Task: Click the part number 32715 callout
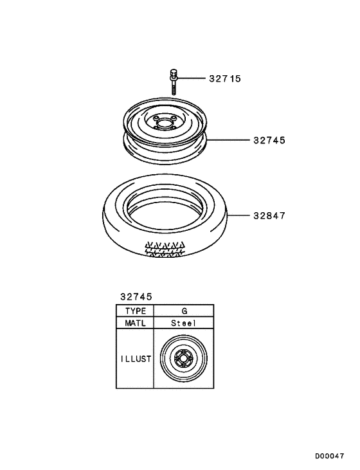click(x=225, y=78)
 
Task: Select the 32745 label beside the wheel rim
click(x=269, y=140)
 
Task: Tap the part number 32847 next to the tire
click(x=269, y=215)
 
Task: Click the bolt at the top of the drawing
click(x=174, y=82)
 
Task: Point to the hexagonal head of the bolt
click(x=174, y=72)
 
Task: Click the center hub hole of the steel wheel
click(x=164, y=123)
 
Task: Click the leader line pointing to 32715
click(x=191, y=78)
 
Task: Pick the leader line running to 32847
click(x=238, y=215)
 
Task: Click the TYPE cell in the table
click(x=135, y=311)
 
